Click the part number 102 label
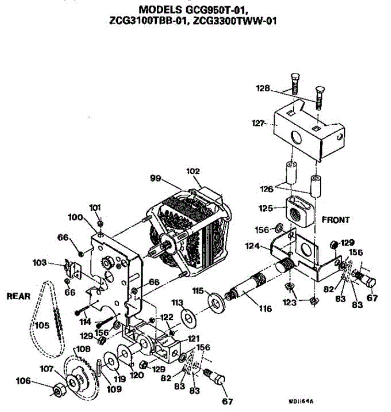(x=193, y=171)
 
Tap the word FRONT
(x=336, y=220)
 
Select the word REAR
(x=19, y=296)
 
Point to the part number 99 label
(x=156, y=178)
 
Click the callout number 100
(x=75, y=217)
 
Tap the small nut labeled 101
(x=100, y=224)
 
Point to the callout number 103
(x=39, y=263)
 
